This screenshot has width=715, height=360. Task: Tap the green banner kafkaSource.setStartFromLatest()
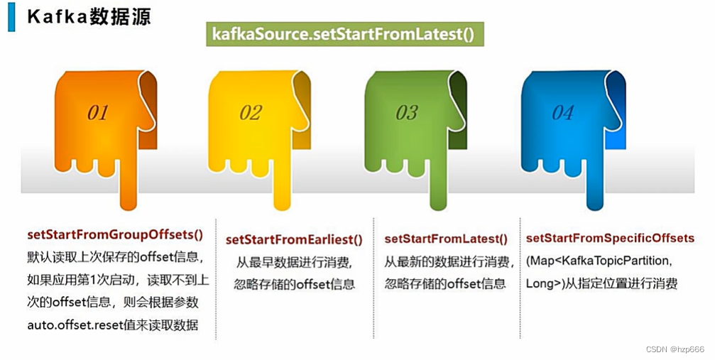pos(343,34)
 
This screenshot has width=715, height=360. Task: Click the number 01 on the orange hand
pos(97,112)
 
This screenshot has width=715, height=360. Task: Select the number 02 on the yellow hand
pos(250,112)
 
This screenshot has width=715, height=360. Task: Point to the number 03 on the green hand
pos(407,112)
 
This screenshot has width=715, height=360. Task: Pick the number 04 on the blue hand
pos(562,112)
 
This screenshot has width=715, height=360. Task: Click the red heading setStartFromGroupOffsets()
pos(115,234)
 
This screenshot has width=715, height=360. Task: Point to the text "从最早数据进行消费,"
pos(294,262)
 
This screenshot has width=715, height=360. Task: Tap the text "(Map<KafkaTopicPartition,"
pos(598,261)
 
